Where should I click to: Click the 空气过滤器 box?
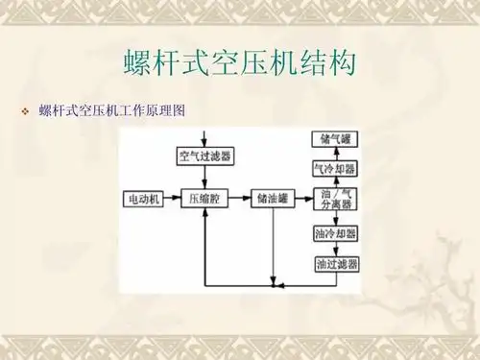205,155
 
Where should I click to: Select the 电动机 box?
145,200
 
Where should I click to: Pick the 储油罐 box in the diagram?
274,200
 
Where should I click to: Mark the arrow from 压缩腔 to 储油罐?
240,200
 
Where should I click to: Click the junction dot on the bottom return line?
274,285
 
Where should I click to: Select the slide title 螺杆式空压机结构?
239,62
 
